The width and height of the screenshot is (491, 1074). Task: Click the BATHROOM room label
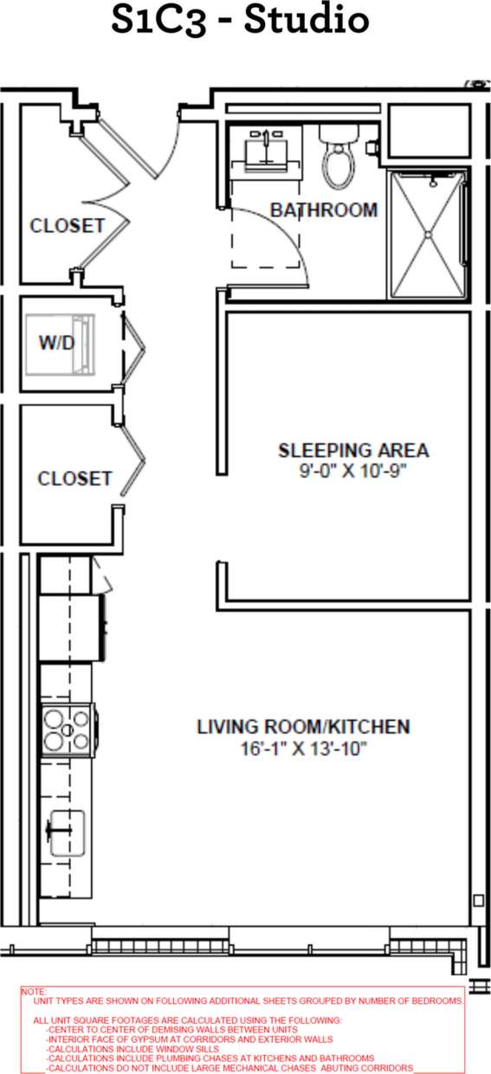[x=324, y=210]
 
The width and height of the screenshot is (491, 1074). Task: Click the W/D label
[x=57, y=343]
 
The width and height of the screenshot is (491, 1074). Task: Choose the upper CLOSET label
[x=68, y=227]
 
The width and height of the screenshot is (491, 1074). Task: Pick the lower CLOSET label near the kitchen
[x=74, y=479]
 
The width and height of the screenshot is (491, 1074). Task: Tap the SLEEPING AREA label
[x=353, y=451]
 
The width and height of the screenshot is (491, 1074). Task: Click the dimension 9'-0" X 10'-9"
[x=353, y=473]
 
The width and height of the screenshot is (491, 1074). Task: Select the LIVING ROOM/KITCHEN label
[x=303, y=727]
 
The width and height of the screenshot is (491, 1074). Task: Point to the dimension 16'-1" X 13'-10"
[x=303, y=749]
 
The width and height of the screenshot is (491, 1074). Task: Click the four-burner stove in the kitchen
[x=68, y=729]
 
